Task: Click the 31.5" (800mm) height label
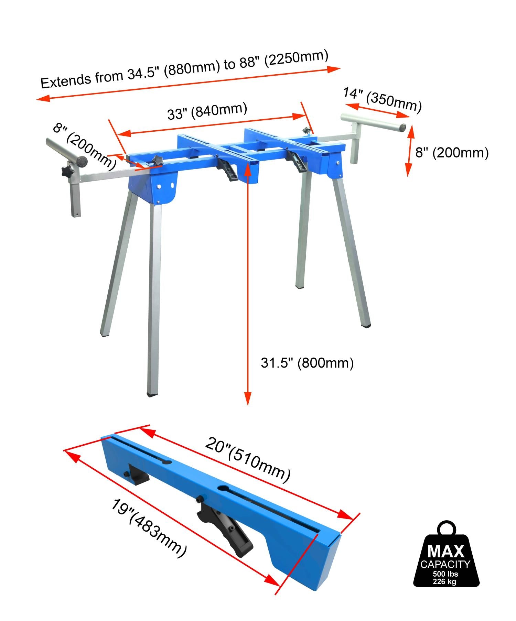(x=307, y=363)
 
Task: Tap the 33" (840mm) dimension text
(x=207, y=111)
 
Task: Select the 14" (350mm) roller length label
(x=382, y=100)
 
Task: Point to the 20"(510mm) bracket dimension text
(x=248, y=459)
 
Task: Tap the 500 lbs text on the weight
(x=445, y=574)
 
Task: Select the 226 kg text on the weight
(x=445, y=581)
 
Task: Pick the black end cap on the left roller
(x=82, y=161)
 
